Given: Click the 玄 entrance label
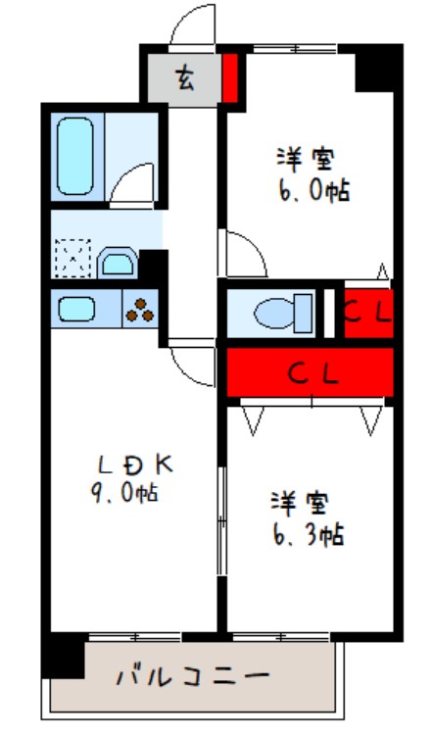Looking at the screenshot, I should click(x=184, y=78).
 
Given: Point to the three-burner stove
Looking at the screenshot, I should click(x=140, y=310).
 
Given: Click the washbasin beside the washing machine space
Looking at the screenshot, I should click(x=118, y=263).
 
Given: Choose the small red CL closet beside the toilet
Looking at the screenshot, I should click(x=368, y=314).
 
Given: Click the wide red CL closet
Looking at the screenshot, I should click(x=312, y=372).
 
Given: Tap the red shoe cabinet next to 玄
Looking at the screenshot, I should click(x=230, y=78).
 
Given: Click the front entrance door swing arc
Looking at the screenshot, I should click(x=192, y=25).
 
